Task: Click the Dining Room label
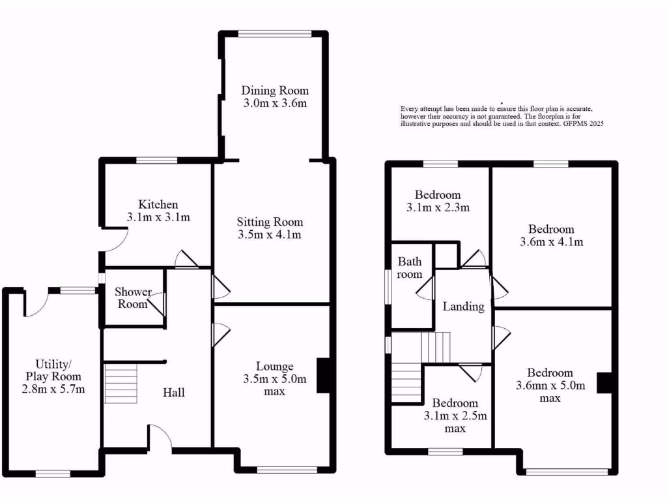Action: tap(275, 91)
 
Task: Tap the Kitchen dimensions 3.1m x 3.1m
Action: tap(158, 217)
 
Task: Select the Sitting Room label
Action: tap(270, 222)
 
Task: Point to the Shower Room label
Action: tap(133, 298)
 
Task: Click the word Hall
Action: tap(174, 392)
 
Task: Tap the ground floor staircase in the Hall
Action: tap(121, 384)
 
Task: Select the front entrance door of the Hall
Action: tap(160, 438)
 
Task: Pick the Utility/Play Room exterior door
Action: tap(36, 303)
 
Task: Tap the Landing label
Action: tap(463, 307)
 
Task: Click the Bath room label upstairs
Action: tap(410, 268)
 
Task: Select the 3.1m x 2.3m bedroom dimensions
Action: tap(438, 208)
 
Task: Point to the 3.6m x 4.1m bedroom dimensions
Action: tap(551, 242)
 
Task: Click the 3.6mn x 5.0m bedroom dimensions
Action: tap(550, 386)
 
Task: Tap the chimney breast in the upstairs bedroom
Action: tap(605, 382)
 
